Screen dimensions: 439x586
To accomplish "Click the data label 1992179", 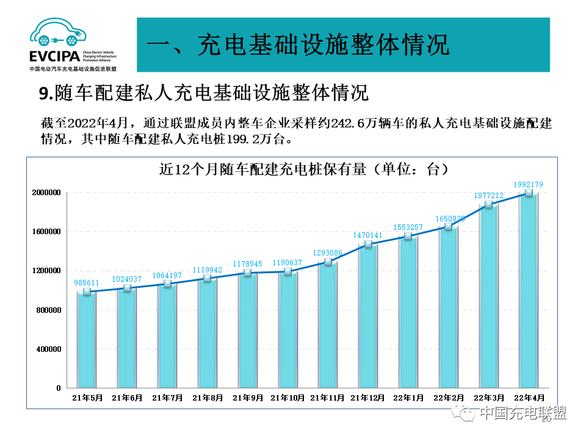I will pyautogui.click(x=529, y=184).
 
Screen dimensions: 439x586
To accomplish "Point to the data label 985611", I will pyautogui.click(x=87, y=283).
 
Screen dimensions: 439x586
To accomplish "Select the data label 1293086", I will pyautogui.click(x=328, y=252).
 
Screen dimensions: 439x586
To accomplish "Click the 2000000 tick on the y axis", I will pyautogui.click(x=47, y=193).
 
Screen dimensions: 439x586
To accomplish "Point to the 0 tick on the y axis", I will pyautogui.click(x=59, y=388).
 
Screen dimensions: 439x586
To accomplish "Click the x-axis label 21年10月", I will pyautogui.click(x=288, y=398).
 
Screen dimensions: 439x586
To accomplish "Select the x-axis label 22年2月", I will pyautogui.click(x=449, y=398).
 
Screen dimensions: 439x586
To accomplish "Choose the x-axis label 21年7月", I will pyautogui.click(x=167, y=398).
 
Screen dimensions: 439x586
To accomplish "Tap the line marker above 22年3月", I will pyautogui.click(x=488, y=205).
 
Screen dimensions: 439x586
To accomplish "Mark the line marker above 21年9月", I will pyautogui.click(x=248, y=273).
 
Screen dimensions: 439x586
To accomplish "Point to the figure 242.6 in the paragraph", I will pyautogui.click(x=347, y=123).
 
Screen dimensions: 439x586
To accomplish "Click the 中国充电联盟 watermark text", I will pyautogui.click(x=523, y=413).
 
